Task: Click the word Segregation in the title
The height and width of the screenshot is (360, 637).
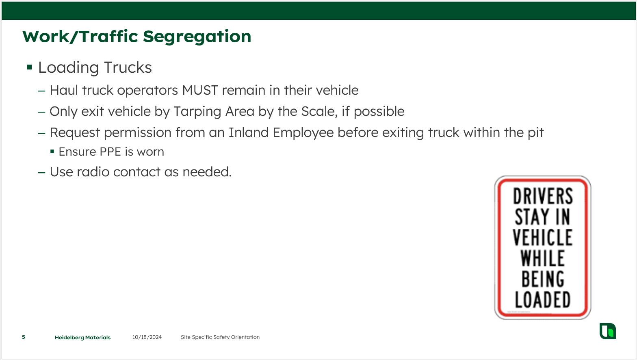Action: (x=197, y=37)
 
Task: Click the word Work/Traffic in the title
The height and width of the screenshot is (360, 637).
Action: (x=80, y=37)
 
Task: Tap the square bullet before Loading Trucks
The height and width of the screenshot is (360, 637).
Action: (x=29, y=67)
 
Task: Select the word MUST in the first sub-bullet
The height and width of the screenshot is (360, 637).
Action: (x=200, y=90)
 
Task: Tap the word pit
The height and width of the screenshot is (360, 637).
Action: (x=535, y=133)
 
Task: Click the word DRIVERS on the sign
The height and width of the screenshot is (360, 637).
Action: (x=543, y=196)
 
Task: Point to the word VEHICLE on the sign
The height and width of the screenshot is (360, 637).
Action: (x=543, y=238)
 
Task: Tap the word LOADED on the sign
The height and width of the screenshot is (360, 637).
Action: (x=543, y=300)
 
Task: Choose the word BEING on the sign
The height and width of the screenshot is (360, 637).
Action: (x=543, y=279)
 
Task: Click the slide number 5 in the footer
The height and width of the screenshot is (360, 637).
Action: (x=24, y=337)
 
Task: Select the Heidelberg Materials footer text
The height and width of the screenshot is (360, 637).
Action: (x=82, y=337)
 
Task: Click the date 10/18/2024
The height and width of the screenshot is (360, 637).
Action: (x=147, y=337)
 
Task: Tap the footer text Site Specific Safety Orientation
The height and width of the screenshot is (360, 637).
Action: (x=220, y=337)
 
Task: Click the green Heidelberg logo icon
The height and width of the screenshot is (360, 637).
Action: (x=607, y=331)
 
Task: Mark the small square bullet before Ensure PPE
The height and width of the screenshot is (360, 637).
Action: (x=52, y=152)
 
